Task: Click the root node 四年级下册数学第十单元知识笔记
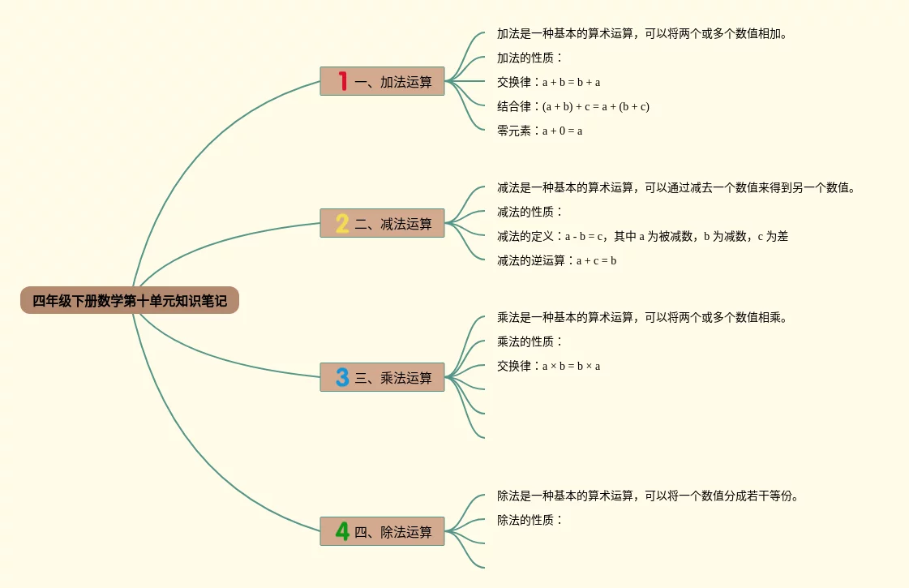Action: [130, 300]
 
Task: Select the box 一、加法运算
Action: [382, 81]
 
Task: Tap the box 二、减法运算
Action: [382, 223]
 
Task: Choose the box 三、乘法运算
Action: [382, 377]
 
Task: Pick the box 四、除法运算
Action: [382, 531]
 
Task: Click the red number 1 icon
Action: [343, 81]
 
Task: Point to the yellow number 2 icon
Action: [342, 223]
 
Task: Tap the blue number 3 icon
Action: [342, 377]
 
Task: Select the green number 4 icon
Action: [342, 531]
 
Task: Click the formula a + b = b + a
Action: [572, 83]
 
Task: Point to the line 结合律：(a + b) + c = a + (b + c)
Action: [573, 106]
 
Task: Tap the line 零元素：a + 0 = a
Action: [540, 131]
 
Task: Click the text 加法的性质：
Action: [530, 58]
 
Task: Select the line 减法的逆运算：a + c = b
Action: [556, 260]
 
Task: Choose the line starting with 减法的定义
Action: [642, 236]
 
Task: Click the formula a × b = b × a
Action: [572, 367]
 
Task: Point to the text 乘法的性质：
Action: [530, 341]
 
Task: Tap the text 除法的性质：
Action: [530, 520]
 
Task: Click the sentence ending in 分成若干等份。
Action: [648, 496]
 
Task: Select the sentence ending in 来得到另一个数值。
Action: [676, 187]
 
